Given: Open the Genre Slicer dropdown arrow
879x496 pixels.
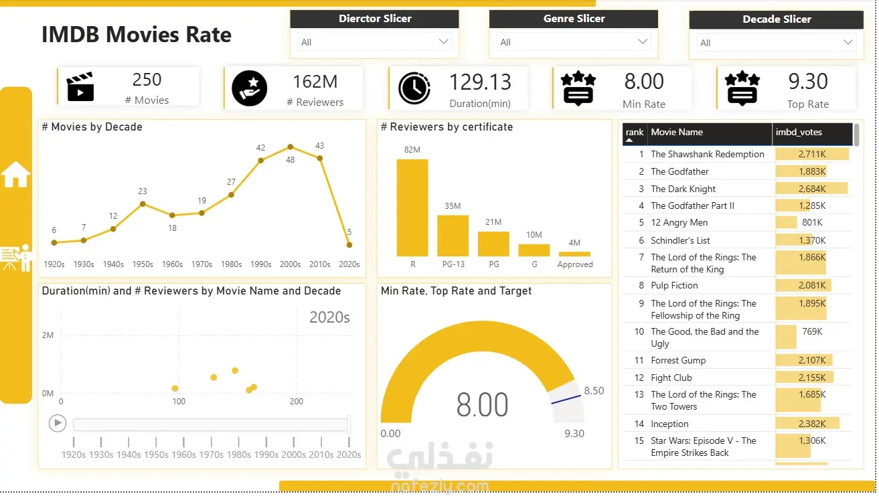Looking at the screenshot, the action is [x=643, y=42].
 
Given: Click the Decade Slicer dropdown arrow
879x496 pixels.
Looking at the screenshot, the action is [x=848, y=42].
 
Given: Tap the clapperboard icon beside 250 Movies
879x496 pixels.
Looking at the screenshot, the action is [x=80, y=86].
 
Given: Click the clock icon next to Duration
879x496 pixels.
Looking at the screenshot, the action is [x=414, y=88].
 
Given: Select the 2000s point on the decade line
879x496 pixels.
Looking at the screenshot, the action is [x=291, y=147].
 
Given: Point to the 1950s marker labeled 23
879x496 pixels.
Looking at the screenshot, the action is [x=143, y=204].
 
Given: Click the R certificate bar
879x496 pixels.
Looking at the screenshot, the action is [x=412, y=208].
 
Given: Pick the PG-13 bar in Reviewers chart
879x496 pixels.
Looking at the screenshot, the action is [x=453, y=236].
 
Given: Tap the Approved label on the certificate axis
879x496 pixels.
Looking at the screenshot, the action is [x=575, y=264].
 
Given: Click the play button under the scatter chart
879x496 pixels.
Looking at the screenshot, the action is [x=58, y=424].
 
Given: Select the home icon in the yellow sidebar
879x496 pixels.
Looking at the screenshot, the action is [x=15, y=174].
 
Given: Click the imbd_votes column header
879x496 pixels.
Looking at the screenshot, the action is [x=799, y=133].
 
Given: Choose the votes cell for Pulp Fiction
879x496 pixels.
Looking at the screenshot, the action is [x=812, y=285].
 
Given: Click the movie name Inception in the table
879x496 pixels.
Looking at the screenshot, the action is [x=669, y=424].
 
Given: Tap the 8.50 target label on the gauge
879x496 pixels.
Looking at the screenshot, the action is [x=594, y=390].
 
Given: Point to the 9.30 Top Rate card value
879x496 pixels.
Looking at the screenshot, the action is [x=807, y=81].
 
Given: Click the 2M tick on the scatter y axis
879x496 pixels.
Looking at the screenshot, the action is [x=48, y=335].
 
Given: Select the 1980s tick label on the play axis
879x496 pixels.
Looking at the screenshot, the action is [x=238, y=454].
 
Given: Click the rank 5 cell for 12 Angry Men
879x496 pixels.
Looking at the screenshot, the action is [x=641, y=222].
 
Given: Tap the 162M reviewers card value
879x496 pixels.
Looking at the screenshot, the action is [x=315, y=82].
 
